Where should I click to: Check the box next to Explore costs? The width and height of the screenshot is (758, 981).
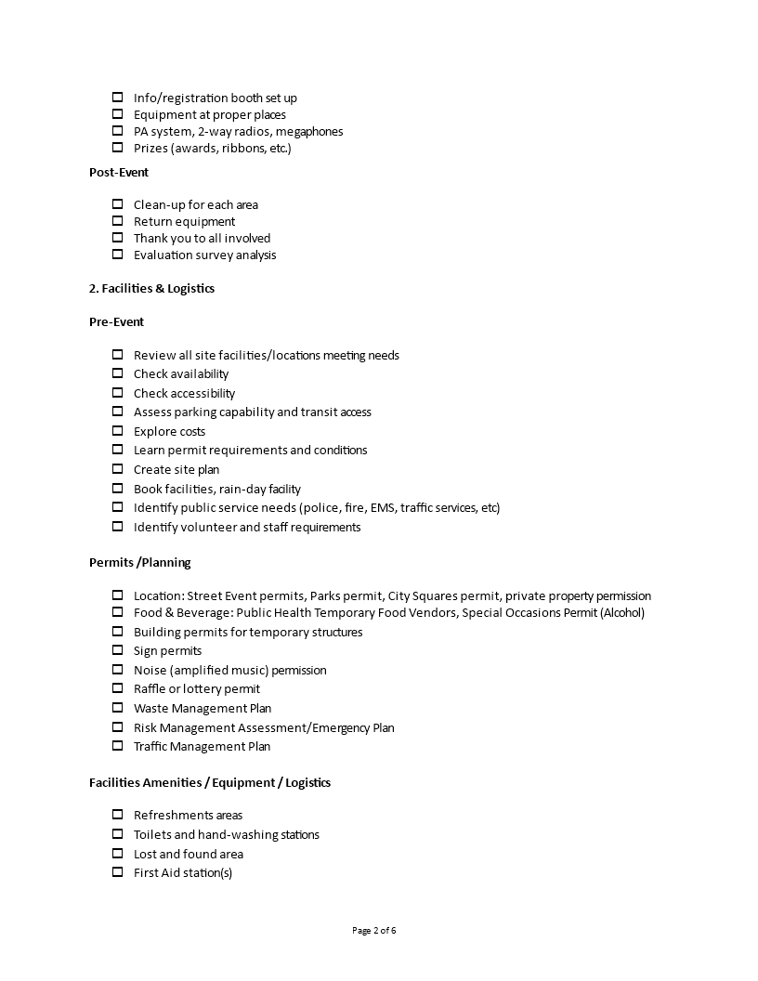click(117, 431)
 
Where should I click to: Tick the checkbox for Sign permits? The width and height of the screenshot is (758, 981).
click(117, 650)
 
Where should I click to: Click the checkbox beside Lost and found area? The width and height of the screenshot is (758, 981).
click(117, 854)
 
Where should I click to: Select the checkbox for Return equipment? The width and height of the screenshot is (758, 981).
click(117, 221)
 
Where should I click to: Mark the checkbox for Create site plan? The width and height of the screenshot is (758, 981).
click(117, 469)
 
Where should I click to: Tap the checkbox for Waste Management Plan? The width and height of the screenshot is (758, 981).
click(117, 708)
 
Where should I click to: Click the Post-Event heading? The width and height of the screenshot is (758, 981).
click(119, 172)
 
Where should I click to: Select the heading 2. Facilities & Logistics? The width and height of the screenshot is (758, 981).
click(151, 288)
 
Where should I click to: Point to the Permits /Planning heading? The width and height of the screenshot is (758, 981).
click(139, 562)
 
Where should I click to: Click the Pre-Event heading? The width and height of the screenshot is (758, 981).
click(116, 321)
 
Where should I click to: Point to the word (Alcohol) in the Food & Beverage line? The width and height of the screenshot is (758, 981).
click(621, 612)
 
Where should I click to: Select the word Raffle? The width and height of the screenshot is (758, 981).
click(150, 688)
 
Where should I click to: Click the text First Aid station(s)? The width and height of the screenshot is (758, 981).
click(183, 872)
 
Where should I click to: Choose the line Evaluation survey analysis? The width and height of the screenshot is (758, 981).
click(204, 255)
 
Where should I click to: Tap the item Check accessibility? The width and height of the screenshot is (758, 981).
click(184, 393)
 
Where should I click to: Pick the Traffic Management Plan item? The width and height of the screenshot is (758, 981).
click(202, 746)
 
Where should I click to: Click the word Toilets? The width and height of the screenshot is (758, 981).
click(151, 834)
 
